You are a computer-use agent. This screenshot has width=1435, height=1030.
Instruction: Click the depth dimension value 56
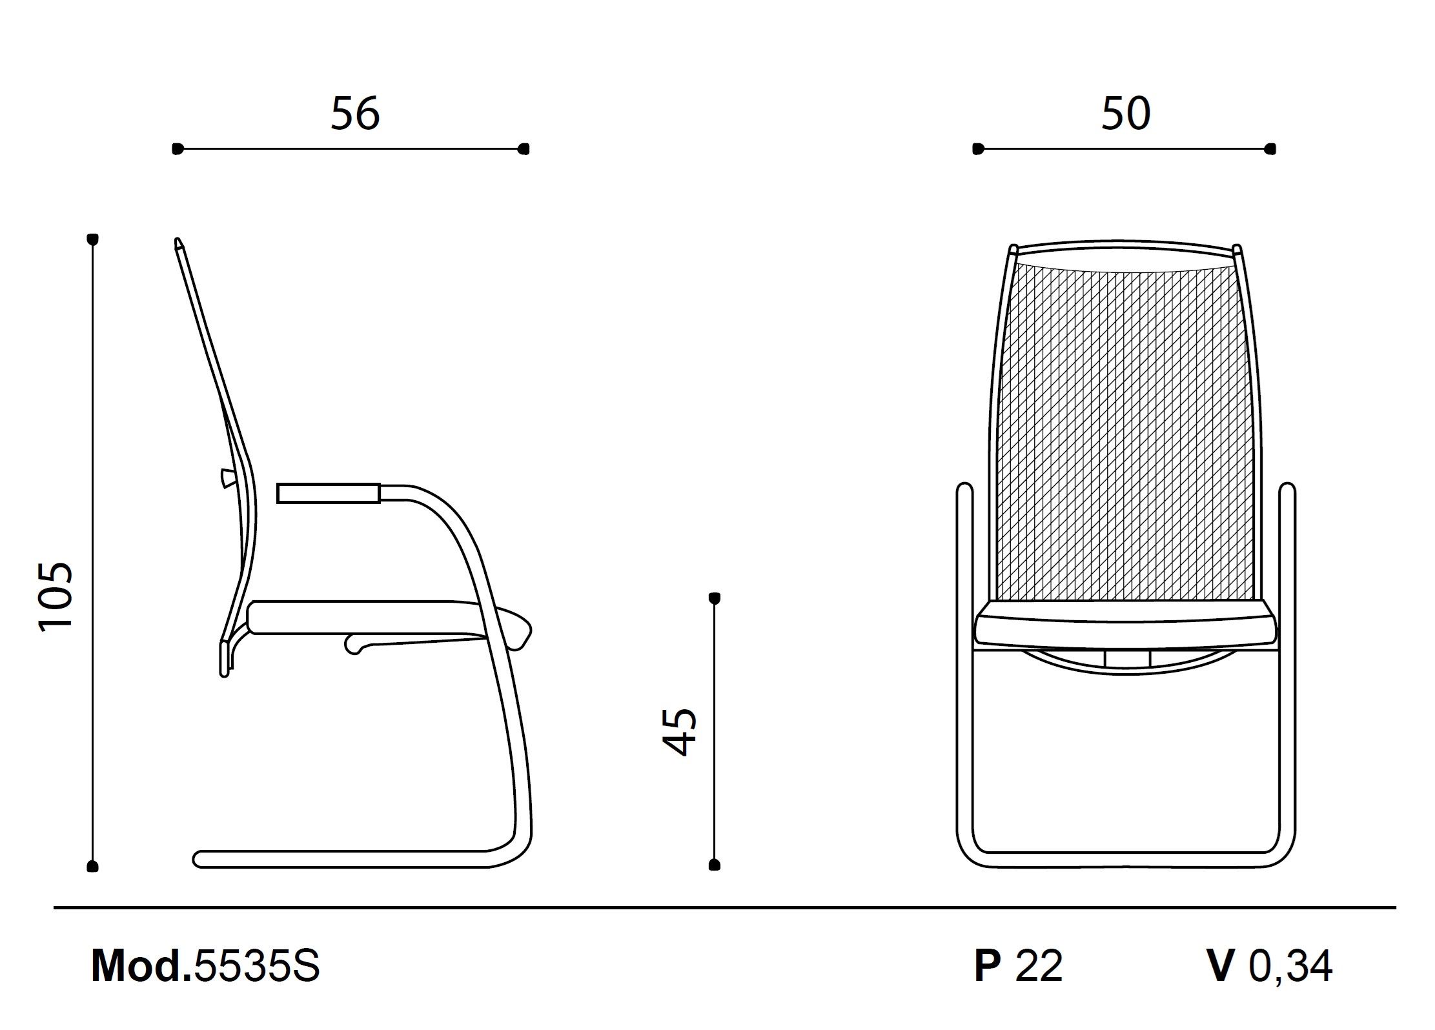pos(355,114)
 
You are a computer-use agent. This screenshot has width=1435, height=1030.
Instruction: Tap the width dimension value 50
pos(1126,114)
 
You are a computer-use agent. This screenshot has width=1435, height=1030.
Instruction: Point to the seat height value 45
pos(680,732)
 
